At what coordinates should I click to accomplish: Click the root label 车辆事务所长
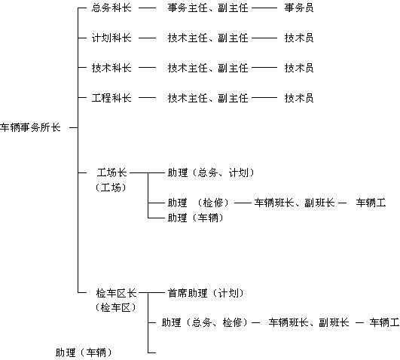[x=30, y=127]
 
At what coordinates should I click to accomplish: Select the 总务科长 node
[x=111, y=8]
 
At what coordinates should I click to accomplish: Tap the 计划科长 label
[x=111, y=38]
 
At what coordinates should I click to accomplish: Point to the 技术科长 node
[x=111, y=68]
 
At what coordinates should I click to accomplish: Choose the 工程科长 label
[x=111, y=98]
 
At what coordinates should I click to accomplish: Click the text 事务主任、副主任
[x=208, y=8]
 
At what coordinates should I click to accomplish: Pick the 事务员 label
[x=299, y=8]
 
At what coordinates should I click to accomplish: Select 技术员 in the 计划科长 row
[x=299, y=38]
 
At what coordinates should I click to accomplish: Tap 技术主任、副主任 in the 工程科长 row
[x=208, y=98]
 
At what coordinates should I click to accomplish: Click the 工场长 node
[x=111, y=172]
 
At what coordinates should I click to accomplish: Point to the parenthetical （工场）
[x=111, y=188]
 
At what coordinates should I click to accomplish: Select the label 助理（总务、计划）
[x=211, y=172]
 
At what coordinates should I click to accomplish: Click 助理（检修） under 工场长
[x=198, y=203]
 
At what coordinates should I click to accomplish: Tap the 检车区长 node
[x=117, y=293]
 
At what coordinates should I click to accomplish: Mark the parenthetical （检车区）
[x=115, y=308]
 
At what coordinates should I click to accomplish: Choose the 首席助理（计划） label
[x=206, y=293]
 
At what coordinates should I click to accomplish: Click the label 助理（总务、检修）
[x=205, y=323]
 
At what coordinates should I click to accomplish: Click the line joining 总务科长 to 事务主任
[x=147, y=8]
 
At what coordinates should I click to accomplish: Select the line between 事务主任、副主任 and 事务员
[x=264, y=8]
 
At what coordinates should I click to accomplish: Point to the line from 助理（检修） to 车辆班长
[x=243, y=203]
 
